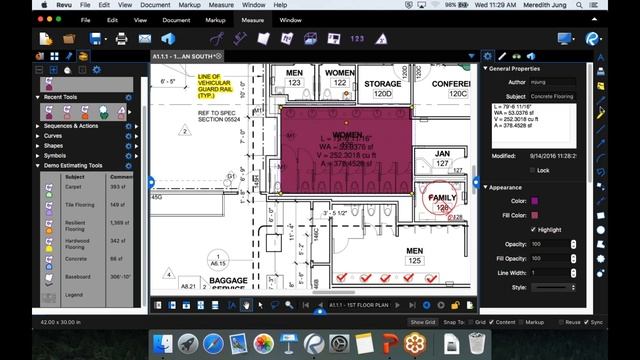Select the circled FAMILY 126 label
[442, 202]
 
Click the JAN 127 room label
[442, 159]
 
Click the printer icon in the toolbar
[120, 38]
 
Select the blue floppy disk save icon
[95, 38]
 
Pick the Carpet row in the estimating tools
[75, 186]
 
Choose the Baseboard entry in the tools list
[77, 276]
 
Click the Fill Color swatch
[534, 214]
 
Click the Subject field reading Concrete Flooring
[553, 96]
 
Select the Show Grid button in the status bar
[423, 322]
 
